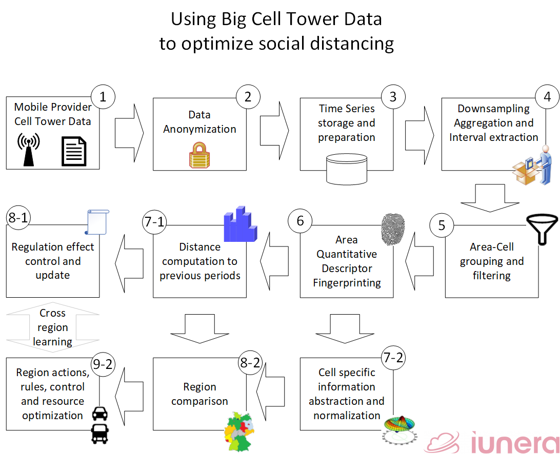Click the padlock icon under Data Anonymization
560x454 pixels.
click(199, 155)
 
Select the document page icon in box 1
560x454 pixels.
click(74, 151)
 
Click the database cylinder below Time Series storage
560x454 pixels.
click(347, 169)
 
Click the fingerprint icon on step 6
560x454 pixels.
click(393, 230)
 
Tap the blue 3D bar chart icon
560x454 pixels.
click(241, 224)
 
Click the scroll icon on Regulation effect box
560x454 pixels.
click(97, 222)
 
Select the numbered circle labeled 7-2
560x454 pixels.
click(393, 358)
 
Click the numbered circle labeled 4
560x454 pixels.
click(547, 97)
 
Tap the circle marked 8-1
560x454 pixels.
click(18, 217)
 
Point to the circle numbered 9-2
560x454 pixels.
click(103, 364)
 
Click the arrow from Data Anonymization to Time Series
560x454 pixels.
click(274, 131)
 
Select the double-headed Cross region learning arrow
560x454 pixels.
click(53, 327)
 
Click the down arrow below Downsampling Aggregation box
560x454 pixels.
click(490, 198)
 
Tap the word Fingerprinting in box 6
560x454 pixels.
click(347, 283)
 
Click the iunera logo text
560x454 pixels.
click(515, 443)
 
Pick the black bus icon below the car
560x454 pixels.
click(100, 434)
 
